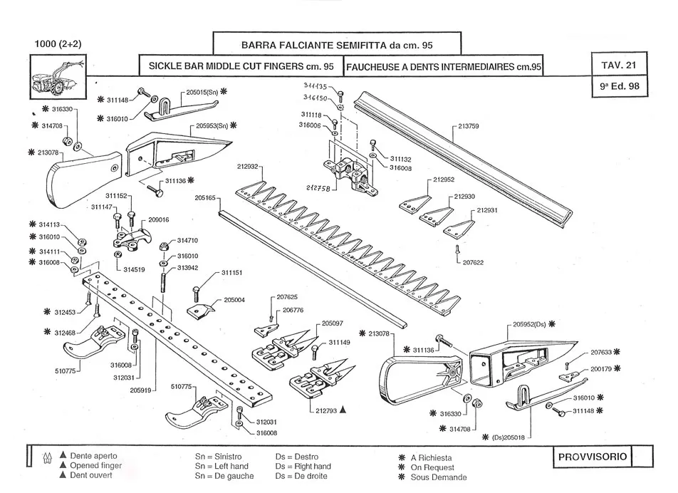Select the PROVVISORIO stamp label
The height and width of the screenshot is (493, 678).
[591, 456]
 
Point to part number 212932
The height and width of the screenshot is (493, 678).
[250, 166]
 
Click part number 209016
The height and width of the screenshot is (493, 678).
[158, 220]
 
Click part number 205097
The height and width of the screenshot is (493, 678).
[332, 323]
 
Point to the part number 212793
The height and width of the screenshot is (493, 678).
[324, 410]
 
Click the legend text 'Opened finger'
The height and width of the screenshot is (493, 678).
[96, 466]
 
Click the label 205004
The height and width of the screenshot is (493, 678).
[234, 300]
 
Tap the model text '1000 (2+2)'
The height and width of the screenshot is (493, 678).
[58, 43]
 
